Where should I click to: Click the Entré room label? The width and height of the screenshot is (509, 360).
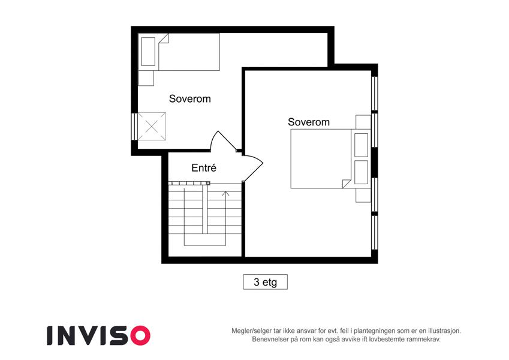pyautogui.click(x=203, y=167)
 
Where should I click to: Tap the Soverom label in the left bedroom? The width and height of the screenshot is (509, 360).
pyautogui.click(x=190, y=98)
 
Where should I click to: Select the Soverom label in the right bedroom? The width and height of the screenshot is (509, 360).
pyautogui.click(x=309, y=122)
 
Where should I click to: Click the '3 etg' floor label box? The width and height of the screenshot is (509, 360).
pyautogui.click(x=265, y=281)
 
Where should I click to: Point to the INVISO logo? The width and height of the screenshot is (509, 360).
pyautogui.click(x=99, y=335)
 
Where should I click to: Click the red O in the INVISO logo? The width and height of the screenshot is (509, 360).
pyautogui.click(x=140, y=335)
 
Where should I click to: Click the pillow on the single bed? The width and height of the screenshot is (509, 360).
pyautogui.click(x=148, y=52)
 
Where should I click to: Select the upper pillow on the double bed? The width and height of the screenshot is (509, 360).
pyautogui.click(x=361, y=145)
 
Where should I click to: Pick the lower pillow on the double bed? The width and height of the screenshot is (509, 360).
pyautogui.click(x=361, y=172)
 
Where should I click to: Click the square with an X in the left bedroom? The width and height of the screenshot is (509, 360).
pyautogui.click(x=152, y=127)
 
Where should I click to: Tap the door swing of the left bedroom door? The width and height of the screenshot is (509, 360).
pyautogui.click(x=222, y=140)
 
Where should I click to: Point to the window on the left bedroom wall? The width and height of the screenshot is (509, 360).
pyautogui.click(x=134, y=127)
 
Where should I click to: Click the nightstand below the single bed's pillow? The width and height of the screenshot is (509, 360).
pyautogui.click(x=146, y=78)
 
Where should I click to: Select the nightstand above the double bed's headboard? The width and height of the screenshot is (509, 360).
pyautogui.click(x=363, y=122)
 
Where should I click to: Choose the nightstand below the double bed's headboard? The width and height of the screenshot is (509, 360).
pyautogui.click(x=363, y=195)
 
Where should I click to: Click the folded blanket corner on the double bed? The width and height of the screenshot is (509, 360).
pyautogui.click(x=347, y=184)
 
